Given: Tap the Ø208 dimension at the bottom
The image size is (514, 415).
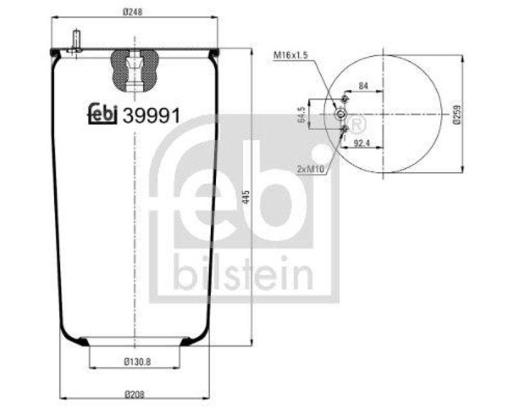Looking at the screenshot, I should pos(134,393).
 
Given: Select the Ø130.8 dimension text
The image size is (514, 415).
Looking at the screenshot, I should pos(134,361).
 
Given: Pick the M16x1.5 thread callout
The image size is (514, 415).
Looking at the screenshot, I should pos(290,56).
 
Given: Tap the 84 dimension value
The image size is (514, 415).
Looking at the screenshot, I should pos(364,85).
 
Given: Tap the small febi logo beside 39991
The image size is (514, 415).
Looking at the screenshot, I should pos(102,113).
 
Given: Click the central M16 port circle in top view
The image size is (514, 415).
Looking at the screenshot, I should pos(341,114).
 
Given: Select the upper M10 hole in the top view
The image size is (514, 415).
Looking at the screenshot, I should pos(345,100).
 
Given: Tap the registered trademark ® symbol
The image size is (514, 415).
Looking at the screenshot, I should pos(357,122).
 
